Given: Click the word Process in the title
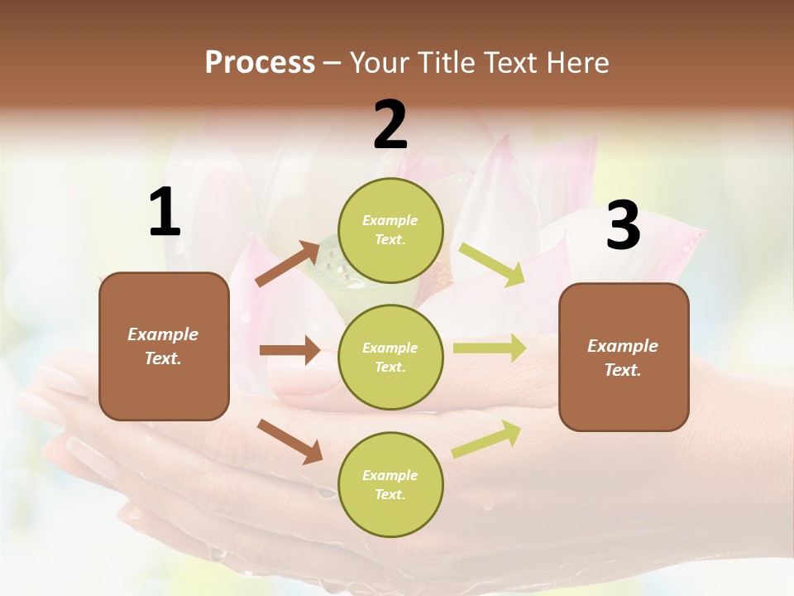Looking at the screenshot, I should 260,62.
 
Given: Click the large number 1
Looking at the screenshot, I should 165,213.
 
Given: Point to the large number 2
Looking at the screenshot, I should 390,125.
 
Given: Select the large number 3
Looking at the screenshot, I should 623,225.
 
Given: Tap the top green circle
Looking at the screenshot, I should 390,230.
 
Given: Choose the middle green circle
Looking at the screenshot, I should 390,358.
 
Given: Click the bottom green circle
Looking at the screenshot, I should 390,485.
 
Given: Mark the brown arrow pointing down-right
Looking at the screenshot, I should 289,441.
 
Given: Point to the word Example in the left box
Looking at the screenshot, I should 163,334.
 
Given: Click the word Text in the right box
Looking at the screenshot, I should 622,370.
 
